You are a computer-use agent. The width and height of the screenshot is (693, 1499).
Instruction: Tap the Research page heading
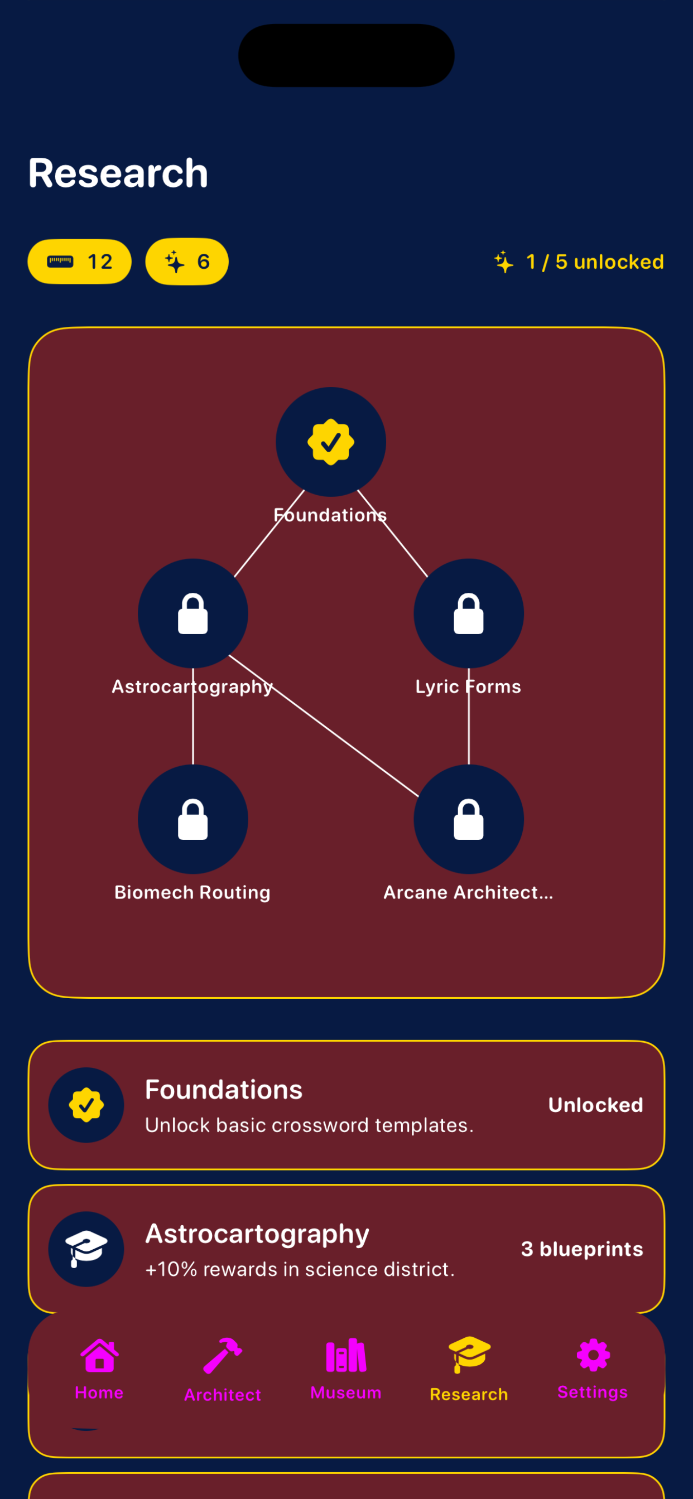[118, 173]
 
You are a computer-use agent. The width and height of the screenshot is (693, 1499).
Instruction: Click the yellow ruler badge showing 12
[80, 262]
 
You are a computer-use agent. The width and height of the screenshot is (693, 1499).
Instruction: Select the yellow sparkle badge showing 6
[187, 262]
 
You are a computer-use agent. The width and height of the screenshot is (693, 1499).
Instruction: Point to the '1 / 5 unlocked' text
[595, 262]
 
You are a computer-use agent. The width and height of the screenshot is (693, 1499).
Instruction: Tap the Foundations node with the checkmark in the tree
[331, 442]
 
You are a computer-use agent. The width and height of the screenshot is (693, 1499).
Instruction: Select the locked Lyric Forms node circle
[469, 613]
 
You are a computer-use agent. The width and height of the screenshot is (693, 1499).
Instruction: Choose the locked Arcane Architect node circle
[469, 819]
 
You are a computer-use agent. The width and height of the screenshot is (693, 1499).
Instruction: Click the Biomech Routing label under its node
[192, 893]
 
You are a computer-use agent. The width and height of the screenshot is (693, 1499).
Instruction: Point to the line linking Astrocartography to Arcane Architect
[324, 726]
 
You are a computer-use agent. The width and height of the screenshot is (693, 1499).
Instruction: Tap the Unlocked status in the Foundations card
[596, 1105]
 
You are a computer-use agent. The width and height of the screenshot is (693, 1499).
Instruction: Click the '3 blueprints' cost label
[583, 1249]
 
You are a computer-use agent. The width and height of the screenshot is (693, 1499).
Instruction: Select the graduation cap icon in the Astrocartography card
[86, 1249]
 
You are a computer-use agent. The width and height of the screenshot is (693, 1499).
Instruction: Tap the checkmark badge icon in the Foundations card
[86, 1105]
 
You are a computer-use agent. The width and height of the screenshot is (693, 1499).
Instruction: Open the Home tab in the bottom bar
[99, 1369]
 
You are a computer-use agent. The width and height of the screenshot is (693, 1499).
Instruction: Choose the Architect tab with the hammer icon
[223, 1370]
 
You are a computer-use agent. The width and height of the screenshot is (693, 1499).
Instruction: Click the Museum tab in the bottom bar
[346, 1369]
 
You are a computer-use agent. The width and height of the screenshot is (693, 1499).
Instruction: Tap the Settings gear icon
[593, 1355]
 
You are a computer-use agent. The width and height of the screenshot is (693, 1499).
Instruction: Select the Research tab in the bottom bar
[469, 1370]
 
